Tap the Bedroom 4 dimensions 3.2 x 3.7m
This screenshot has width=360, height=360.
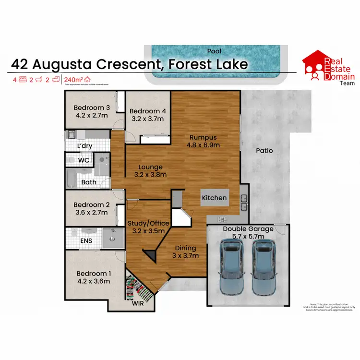(147, 119)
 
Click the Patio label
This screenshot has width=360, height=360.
(264, 150)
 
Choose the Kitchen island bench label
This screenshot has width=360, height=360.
(214, 198)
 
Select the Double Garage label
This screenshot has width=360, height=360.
(248, 229)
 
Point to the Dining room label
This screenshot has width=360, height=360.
(185, 248)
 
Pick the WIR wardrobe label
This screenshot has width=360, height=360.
(138, 303)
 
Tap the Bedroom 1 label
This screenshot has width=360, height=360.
(94, 274)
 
